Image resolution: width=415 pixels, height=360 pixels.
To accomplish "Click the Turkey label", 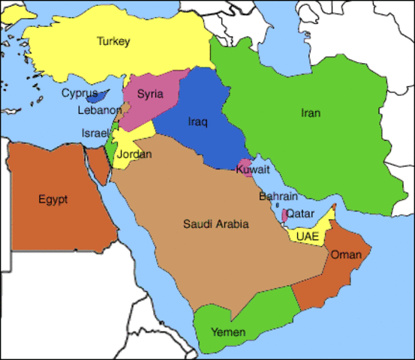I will (x=113, y=42).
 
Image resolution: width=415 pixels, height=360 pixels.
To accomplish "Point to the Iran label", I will (x=310, y=113).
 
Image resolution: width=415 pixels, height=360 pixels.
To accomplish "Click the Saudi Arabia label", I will (x=215, y=223).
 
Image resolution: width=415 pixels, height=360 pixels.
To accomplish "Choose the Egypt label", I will (x=53, y=199).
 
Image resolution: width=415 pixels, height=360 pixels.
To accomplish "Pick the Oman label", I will (x=346, y=255).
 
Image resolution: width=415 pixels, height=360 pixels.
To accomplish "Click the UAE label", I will (x=308, y=236).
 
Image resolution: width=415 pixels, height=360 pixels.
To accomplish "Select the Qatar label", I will (x=300, y=214).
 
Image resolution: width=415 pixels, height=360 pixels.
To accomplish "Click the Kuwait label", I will (x=252, y=171).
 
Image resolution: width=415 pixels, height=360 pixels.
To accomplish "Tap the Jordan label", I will (x=135, y=154).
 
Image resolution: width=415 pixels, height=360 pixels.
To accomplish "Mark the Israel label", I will (x=95, y=133).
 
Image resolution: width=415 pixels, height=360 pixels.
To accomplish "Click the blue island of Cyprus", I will (x=95, y=97).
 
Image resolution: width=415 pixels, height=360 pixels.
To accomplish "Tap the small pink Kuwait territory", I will (x=243, y=165).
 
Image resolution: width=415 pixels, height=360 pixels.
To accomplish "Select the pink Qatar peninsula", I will (x=284, y=215).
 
